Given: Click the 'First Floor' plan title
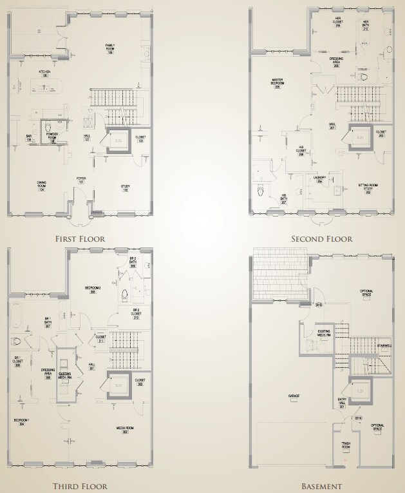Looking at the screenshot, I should tap(80, 238).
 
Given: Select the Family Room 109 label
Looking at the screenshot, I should tap(110, 47).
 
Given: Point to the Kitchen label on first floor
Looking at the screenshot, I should tap(44, 73).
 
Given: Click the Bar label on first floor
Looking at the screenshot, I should tap(29, 137).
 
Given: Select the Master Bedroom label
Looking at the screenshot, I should tap(278, 83).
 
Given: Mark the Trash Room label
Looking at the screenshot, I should tap(345, 445).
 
